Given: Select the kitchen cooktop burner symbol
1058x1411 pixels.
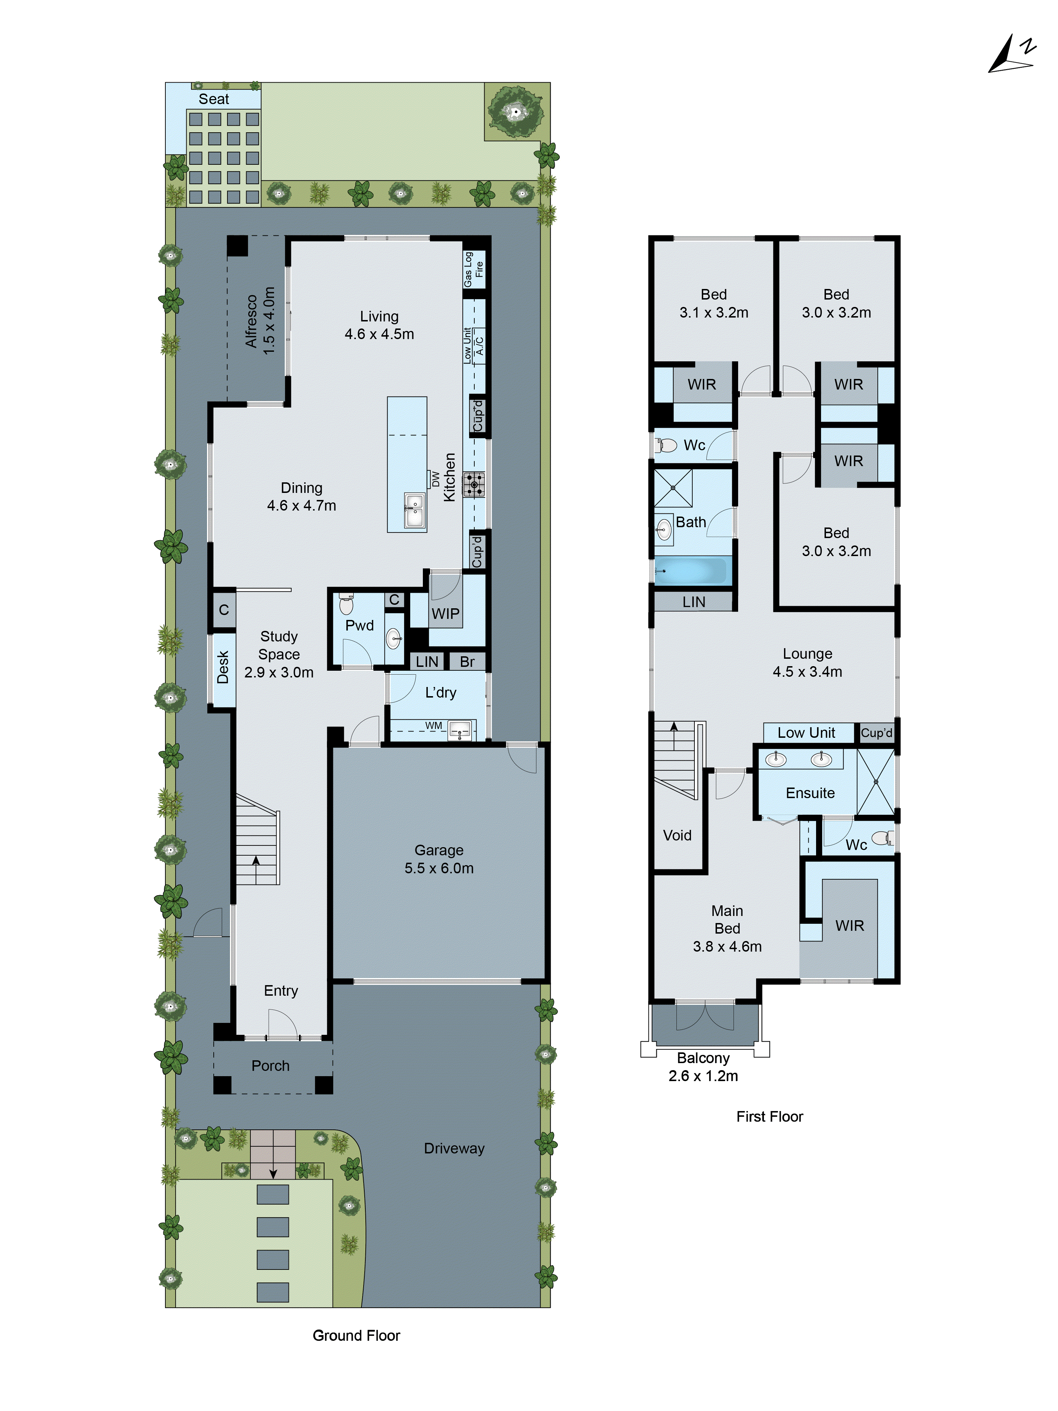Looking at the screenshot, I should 474,484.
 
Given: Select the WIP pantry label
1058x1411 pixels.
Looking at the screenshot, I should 445,614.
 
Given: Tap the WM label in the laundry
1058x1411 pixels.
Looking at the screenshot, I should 434,725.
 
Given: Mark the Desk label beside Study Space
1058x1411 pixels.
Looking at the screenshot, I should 223,667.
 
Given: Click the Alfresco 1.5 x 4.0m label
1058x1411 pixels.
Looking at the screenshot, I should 260,321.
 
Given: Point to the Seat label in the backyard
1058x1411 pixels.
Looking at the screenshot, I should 214,99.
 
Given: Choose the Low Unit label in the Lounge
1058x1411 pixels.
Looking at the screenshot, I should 806,733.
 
